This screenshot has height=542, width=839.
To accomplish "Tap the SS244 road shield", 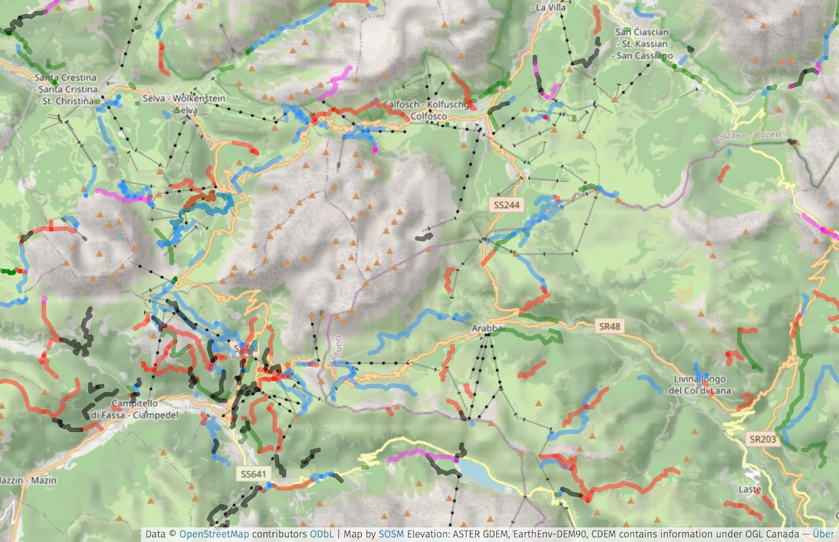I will click(x=507, y=205).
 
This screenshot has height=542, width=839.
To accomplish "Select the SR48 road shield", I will click(x=610, y=325).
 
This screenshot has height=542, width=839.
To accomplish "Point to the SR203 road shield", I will click(x=762, y=439).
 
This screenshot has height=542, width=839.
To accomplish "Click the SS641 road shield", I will click(x=254, y=473).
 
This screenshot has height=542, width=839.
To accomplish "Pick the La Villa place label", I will click(x=551, y=8).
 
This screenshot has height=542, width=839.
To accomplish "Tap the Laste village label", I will click(x=749, y=490).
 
